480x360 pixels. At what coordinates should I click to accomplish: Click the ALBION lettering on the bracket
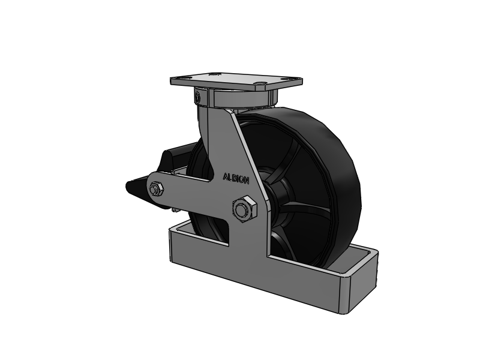click(236, 178)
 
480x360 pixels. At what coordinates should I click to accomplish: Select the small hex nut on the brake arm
click(157, 188)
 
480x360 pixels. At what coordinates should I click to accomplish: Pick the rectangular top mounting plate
click(236, 81)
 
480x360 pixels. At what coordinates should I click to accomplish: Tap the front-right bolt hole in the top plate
click(261, 83)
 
